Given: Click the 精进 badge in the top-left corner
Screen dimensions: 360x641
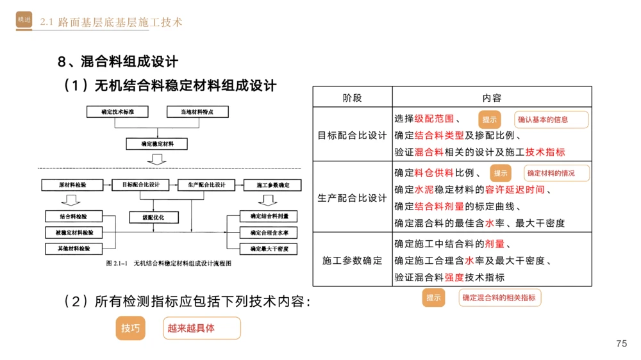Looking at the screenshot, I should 24,20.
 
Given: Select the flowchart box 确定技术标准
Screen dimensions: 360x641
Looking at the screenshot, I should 117,111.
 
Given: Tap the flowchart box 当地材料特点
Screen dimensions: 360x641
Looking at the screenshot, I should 197,111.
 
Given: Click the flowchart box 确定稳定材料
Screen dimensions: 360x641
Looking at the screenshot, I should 157,143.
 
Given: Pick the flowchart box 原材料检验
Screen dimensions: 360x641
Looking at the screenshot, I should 72,185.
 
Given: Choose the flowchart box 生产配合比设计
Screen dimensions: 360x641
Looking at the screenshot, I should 206,185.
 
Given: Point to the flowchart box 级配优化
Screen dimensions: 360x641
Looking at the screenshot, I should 153,217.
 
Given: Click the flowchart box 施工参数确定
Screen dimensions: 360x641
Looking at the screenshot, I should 273,185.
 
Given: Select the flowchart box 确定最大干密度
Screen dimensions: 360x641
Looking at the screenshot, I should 269,248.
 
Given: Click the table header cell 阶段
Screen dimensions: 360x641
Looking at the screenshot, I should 353,97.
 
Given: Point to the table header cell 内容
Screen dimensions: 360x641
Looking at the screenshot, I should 492,97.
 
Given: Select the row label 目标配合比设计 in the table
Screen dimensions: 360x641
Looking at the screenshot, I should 353,135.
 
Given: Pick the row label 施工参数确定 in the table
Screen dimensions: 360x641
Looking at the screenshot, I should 353,261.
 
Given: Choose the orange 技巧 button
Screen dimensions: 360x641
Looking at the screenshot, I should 130,328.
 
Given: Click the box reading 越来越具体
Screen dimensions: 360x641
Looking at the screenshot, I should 201,328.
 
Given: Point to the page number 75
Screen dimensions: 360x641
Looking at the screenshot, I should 621,343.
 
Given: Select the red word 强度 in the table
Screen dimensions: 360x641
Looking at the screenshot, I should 454,277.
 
